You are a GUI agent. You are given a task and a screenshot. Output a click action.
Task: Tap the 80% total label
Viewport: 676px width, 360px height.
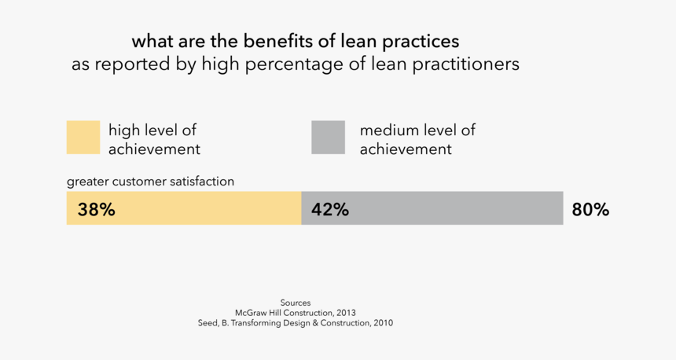tap(590, 210)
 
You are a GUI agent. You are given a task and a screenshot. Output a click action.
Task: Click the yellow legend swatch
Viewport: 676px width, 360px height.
tap(83, 138)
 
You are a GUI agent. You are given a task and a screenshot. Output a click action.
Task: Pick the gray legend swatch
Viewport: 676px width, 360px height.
tap(328, 138)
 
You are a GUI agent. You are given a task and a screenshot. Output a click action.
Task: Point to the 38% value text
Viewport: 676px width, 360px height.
tap(96, 210)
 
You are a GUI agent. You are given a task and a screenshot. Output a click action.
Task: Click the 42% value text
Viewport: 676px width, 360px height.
tap(330, 210)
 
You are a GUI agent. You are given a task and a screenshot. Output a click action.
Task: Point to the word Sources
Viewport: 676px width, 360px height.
tap(295, 303)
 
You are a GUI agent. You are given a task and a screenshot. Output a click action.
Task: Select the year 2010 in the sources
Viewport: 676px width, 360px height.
tap(383, 323)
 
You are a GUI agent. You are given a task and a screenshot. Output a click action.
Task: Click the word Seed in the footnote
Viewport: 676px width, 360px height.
tap(208, 323)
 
